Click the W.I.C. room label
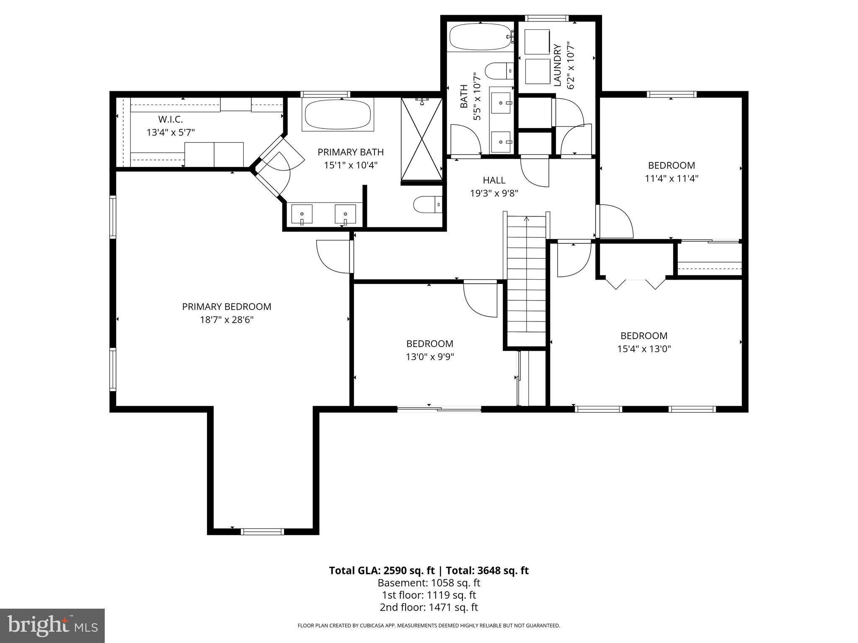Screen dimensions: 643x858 tap(171, 119)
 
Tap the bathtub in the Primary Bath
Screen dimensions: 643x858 tap(338, 115)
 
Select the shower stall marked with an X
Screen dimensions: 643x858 tap(421, 139)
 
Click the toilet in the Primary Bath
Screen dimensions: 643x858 tap(427, 205)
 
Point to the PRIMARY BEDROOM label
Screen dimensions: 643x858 tap(227, 306)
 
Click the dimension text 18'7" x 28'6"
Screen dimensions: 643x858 tap(227, 320)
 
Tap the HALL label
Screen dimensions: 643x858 tap(494, 180)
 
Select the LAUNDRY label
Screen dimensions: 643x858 tap(557, 65)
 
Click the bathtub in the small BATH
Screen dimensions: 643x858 tap(481, 37)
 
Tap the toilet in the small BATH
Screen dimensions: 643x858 tap(499, 70)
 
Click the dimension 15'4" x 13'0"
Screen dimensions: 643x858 tap(644, 349)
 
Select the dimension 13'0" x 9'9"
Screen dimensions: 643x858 tap(429, 357)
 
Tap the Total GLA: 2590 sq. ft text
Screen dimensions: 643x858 tap(382, 571)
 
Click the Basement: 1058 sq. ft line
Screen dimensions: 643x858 tap(429, 583)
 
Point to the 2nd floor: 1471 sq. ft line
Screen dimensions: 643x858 tap(429, 607)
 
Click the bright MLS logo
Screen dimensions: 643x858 tap(52, 625)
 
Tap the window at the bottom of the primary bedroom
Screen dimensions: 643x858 tap(263, 532)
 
